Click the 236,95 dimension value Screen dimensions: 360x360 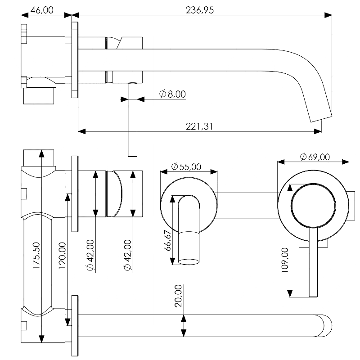click(199, 10)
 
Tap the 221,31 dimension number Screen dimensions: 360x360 click(199, 126)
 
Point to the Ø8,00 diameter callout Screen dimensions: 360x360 click(172, 94)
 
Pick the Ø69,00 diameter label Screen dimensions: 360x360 click(315, 157)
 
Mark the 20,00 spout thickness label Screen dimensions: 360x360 click(178, 295)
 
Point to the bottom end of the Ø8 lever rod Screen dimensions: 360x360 click(132, 155)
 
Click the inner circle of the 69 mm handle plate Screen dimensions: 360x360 click(314, 205)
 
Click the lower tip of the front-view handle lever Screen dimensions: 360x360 click(314, 295)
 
